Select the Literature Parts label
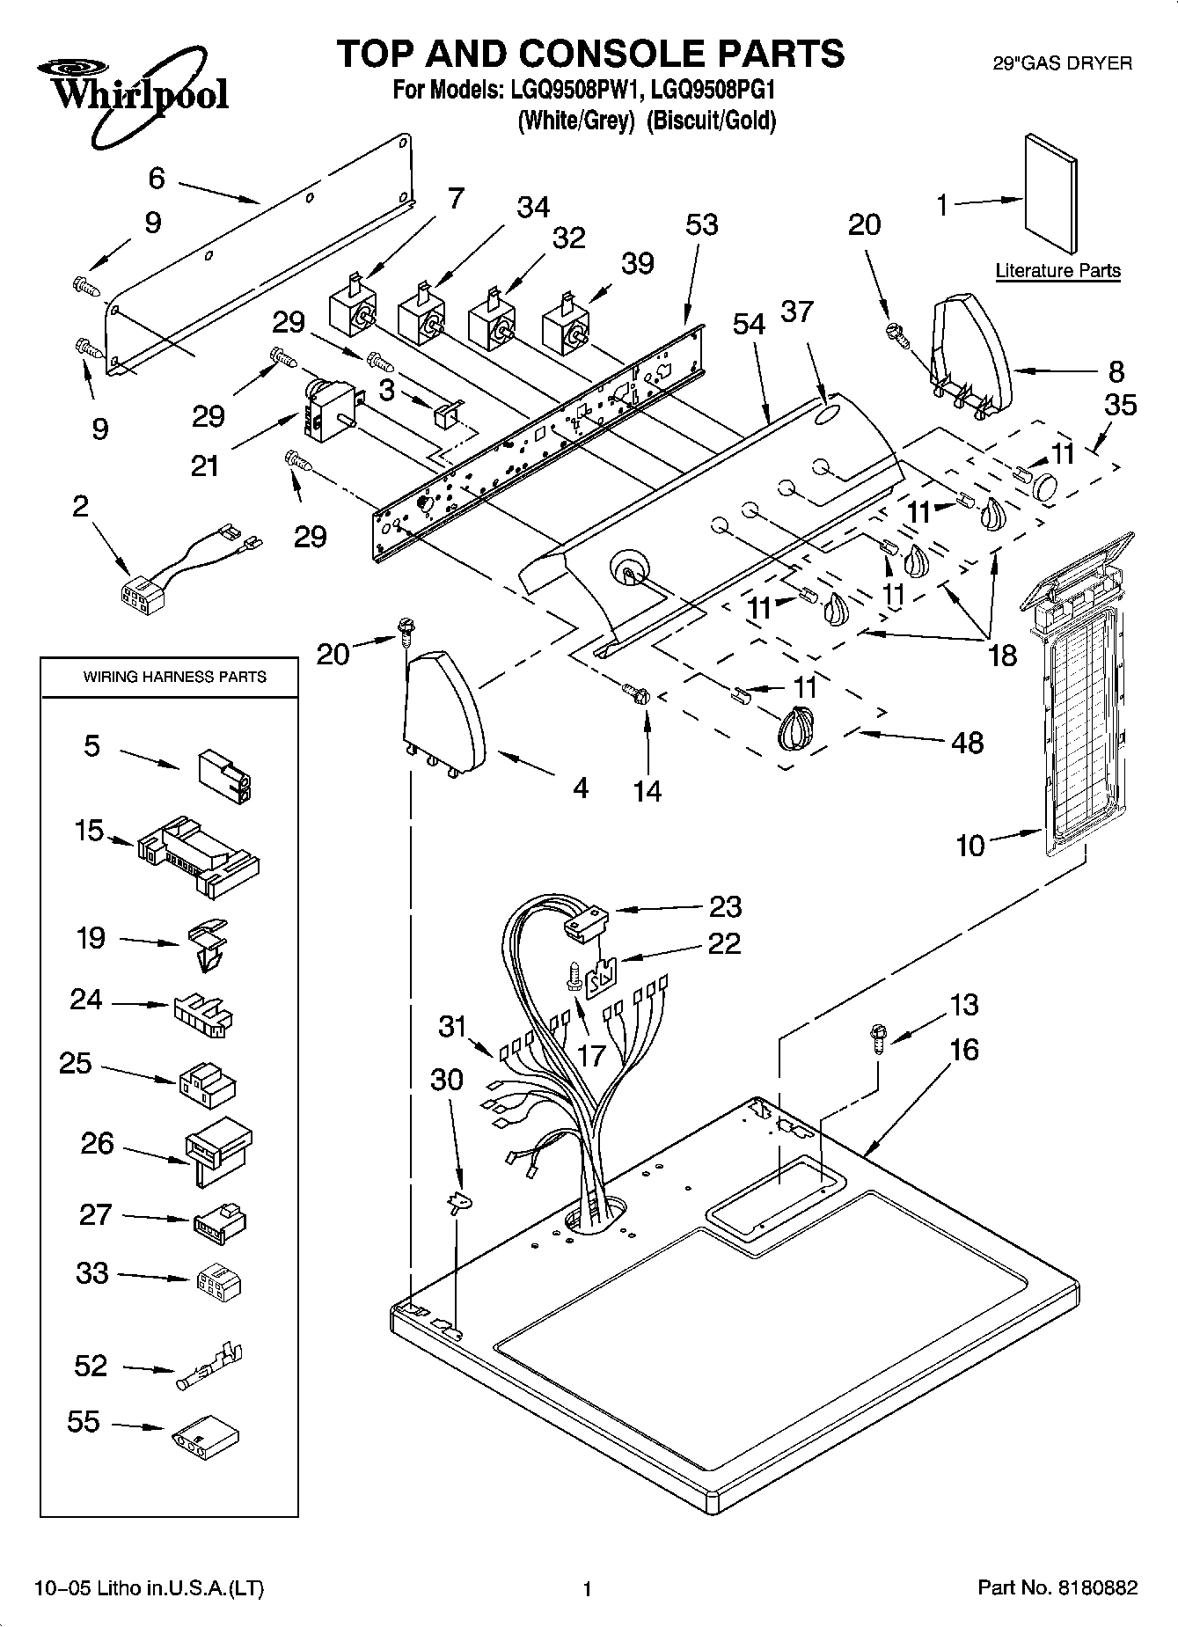(1057, 270)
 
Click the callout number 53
(701, 225)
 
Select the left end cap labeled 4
(444, 707)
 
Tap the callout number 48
(967, 743)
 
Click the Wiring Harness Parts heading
(174, 677)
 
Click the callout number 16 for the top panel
(964, 1050)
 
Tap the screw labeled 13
(878, 1036)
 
